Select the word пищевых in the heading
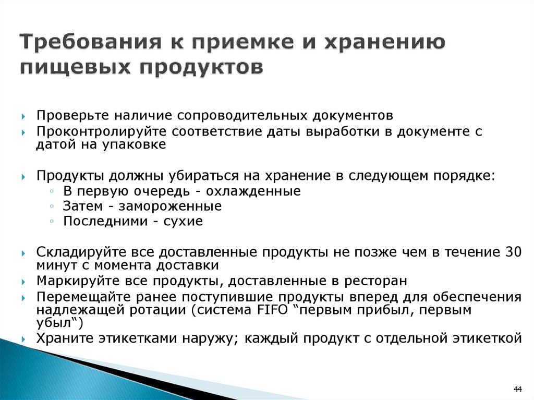click(x=75, y=67)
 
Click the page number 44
click(x=518, y=389)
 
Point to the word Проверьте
click(x=72, y=115)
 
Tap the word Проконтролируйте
click(x=101, y=131)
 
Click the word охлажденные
click(x=253, y=191)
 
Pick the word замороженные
click(x=170, y=206)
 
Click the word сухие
click(x=183, y=222)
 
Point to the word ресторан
click(x=375, y=282)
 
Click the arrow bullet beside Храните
click(x=23, y=340)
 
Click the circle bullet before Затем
click(x=52, y=206)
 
